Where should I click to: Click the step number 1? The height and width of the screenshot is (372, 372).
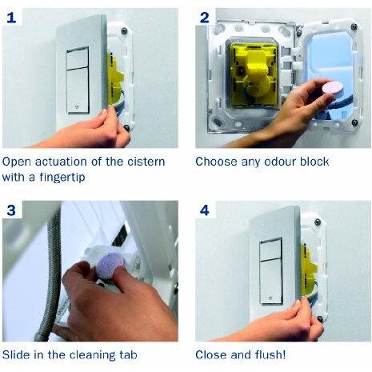click(x=11, y=18)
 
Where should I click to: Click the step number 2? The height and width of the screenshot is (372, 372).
click(x=205, y=18)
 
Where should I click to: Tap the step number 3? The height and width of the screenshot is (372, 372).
click(x=11, y=210)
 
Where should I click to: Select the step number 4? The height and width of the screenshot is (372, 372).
click(x=205, y=210)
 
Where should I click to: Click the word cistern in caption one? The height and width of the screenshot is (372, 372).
click(x=146, y=162)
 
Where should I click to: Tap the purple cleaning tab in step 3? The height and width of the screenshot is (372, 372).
click(x=110, y=265)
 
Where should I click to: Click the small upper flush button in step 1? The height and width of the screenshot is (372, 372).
click(x=78, y=58)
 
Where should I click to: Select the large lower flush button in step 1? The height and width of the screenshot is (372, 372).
click(x=78, y=91)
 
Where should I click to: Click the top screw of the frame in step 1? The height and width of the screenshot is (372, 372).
click(x=124, y=30)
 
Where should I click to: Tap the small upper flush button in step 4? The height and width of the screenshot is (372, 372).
click(x=270, y=250)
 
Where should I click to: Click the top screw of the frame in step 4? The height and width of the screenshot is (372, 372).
click(x=318, y=222)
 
